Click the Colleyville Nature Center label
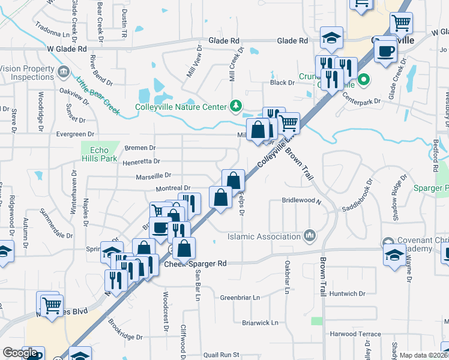click(180, 107)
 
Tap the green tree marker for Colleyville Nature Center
click(237, 107)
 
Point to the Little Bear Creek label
click(98, 94)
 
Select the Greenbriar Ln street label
click(240, 297)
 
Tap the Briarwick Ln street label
click(260, 322)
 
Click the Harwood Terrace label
click(355, 334)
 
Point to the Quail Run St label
click(221, 355)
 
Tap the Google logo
click(20, 353)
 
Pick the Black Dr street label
click(282, 83)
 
